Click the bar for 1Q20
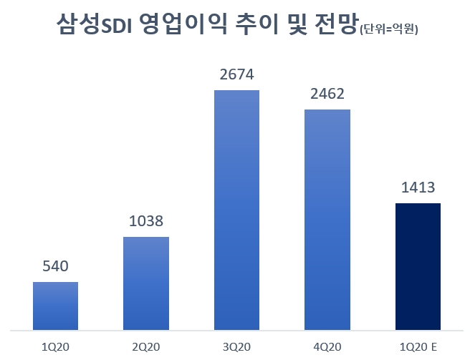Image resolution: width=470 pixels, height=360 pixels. pos(56,306)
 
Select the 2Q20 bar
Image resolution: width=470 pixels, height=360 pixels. pos(146,283)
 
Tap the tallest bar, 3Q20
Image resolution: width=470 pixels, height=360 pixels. pos(236,210)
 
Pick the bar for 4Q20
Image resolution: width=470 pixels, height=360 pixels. pos(327,220)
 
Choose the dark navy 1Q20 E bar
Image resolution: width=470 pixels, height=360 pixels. pos(418,267)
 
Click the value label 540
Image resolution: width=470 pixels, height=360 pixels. pos(56,267)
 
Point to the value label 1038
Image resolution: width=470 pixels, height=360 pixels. pos(146,222)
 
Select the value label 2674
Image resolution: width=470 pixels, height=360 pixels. pos(236,74)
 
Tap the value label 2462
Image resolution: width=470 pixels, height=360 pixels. pos(327,94)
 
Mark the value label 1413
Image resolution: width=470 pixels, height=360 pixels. pos(418,188)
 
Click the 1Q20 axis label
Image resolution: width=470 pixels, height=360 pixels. pos(56,346)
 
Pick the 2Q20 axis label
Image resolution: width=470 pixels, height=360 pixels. pos(146,346)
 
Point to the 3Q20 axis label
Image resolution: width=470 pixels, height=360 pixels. pos(236,346)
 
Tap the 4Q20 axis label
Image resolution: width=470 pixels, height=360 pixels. pos(327,346)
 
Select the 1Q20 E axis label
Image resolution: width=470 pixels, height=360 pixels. pos(418,346)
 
